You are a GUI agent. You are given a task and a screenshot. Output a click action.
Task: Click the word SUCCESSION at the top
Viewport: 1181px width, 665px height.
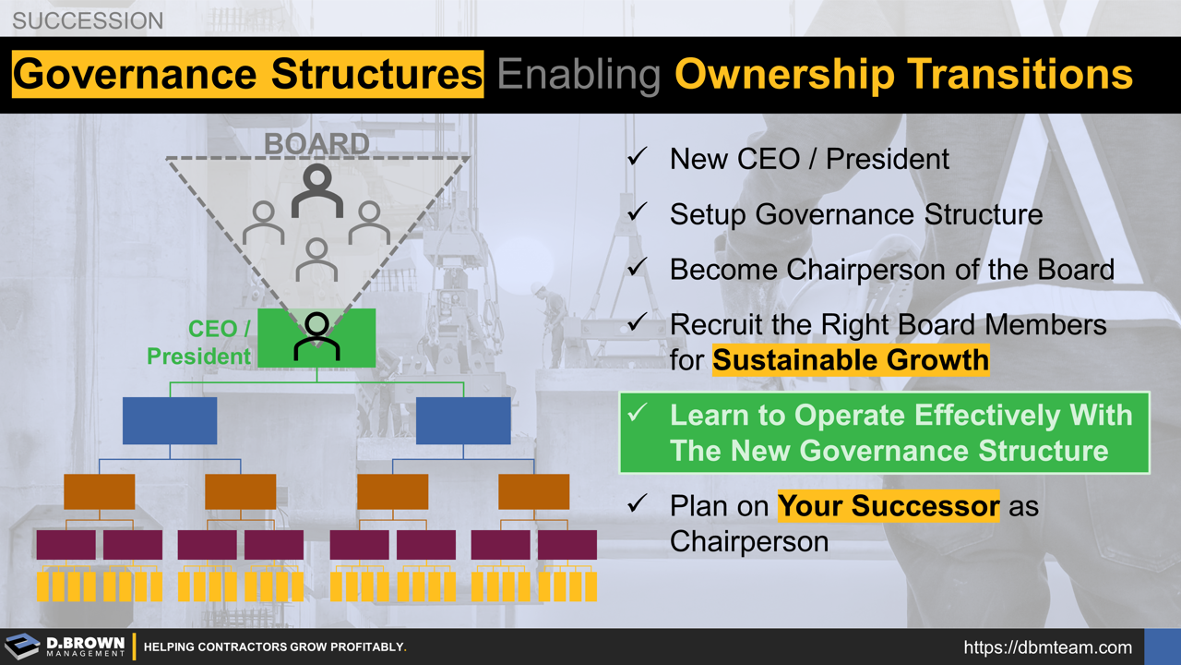(88, 19)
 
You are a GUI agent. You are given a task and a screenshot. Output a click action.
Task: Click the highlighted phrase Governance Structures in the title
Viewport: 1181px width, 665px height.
(247, 75)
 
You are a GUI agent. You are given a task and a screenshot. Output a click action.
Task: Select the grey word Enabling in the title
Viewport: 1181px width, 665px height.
(579, 75)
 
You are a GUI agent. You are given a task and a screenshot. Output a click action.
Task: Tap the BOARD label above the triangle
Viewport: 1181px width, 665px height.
(316, 144)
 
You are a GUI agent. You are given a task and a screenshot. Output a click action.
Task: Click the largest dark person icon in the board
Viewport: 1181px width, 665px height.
(316, 190)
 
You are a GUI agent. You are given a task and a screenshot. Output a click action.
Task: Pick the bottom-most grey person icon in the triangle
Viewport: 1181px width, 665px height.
(316, 260)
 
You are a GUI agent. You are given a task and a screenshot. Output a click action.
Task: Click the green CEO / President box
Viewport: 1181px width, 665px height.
(316, 337)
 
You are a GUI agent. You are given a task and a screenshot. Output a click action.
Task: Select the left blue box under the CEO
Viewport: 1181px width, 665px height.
(170, 421)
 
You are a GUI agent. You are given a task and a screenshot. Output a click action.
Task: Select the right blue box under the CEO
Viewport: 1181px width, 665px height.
(463, 421)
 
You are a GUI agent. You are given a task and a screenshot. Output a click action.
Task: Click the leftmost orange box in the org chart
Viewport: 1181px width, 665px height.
(99, 491)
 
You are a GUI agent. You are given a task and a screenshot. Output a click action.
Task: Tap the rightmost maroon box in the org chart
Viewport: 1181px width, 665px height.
(567, 545)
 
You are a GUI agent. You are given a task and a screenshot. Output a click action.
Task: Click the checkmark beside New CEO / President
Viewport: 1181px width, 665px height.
(638, 158)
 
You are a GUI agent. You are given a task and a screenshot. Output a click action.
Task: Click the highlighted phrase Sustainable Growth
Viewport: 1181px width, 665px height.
(850, 359)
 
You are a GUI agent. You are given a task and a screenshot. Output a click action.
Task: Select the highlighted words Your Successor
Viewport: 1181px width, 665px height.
(888, 506)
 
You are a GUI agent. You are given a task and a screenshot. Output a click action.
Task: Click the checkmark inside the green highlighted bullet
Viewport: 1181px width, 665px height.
(638, 415)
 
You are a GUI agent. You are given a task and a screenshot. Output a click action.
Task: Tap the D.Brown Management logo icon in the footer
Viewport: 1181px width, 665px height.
(22, 647)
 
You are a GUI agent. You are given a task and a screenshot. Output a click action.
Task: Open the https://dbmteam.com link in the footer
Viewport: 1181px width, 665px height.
(1047, 647)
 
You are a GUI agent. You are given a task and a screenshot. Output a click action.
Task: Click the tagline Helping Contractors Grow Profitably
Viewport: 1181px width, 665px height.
(275, 647)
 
